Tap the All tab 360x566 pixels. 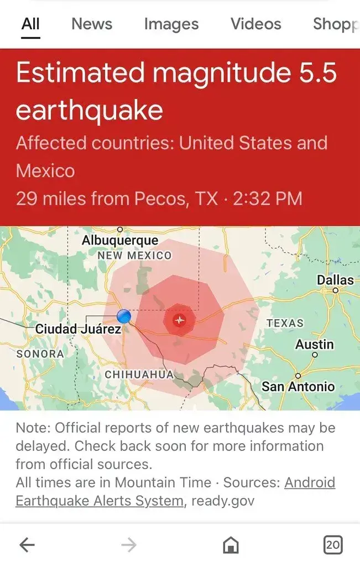point(30,24)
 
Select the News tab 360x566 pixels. point(92,24)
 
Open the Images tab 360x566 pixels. point(171,24)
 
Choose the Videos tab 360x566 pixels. point(255,24)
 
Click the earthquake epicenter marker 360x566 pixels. point(179,320)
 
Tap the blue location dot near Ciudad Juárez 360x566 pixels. point(124,316)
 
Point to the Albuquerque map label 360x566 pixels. point(120,240)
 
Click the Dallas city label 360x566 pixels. point(335,280)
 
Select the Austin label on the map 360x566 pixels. point(314,345)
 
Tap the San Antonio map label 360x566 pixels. point(298,386)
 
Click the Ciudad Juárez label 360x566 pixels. point(78,329)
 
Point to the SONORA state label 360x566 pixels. point(40,353)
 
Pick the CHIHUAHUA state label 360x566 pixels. point(139,375)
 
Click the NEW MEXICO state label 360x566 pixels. point(134,256)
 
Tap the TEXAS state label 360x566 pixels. point(285,323)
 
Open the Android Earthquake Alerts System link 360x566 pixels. point(100,501)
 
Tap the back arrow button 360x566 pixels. point(27,546)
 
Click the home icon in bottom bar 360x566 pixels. point(231,546)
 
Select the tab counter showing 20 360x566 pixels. point(332,545)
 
